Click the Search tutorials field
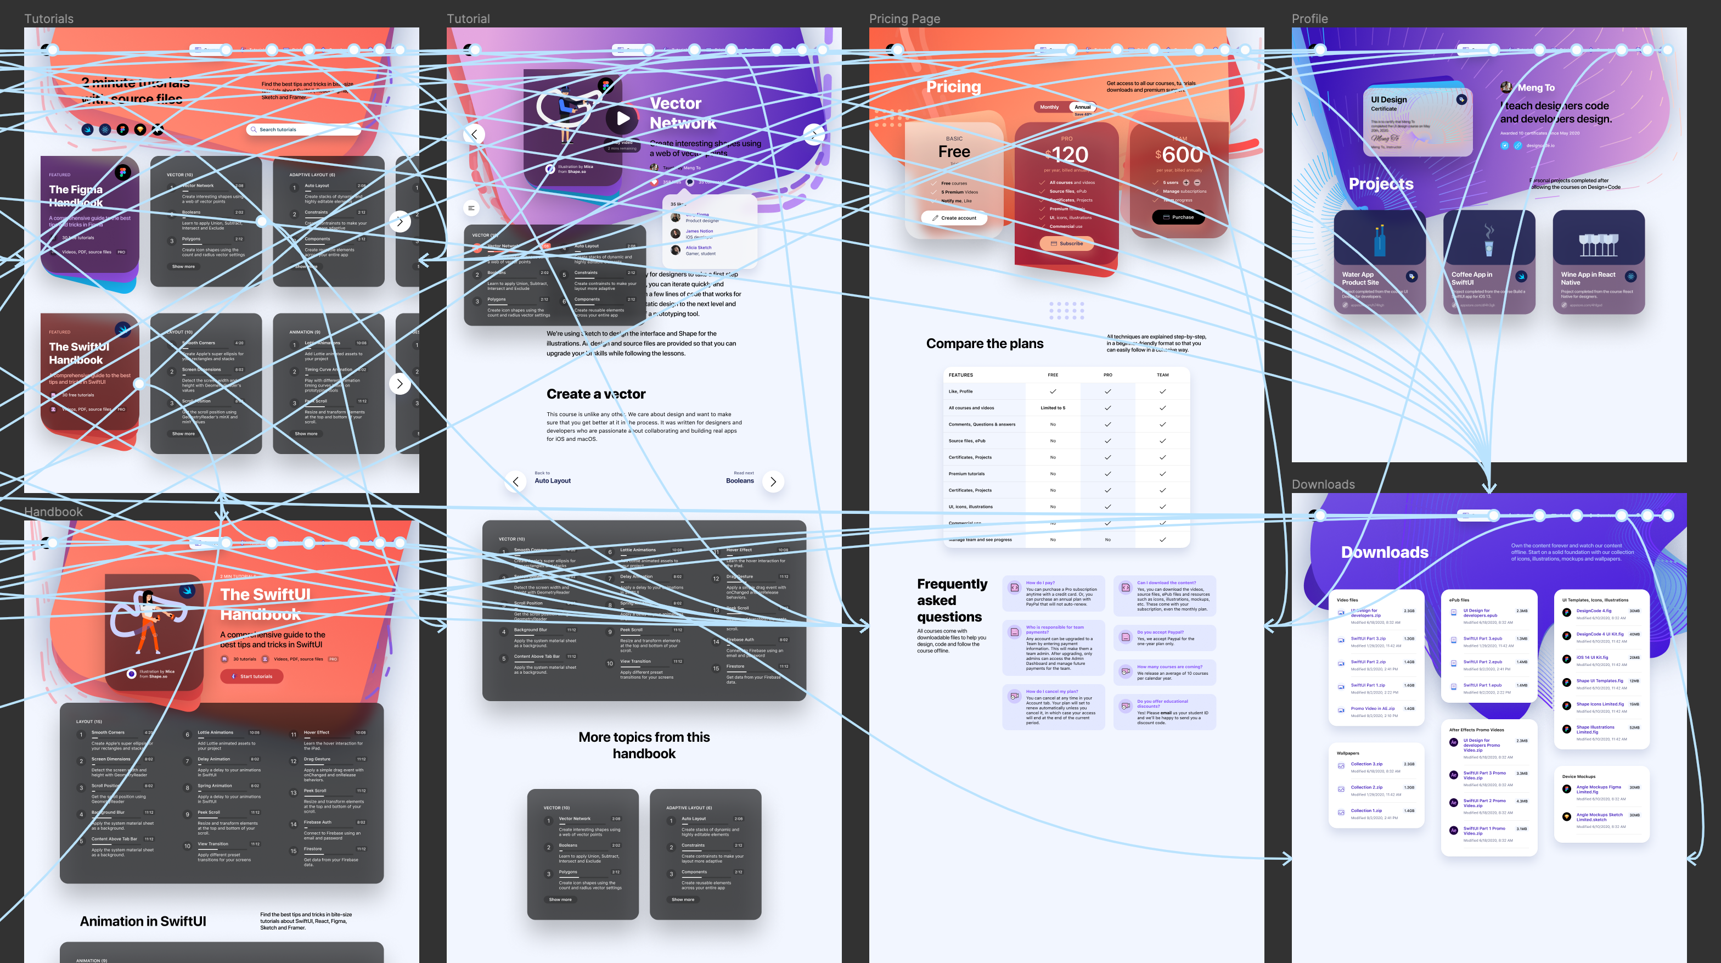(x=304, y=130)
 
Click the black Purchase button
(x=1178, y=217)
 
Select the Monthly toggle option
(x=1049, y=107)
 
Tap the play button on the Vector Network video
(x=622, y=119)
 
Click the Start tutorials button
(x=252, y=676)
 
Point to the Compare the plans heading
(x=984, y=344)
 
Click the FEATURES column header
(x=961, y=375)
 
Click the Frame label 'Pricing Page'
(x=904, y=19)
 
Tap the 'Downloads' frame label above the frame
(x=1323, y=484)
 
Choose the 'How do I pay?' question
(x=1039, y=583)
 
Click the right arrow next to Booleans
(x=773, y=481)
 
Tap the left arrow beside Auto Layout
(x=515, y=481)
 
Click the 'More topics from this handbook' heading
(x=644, y=745)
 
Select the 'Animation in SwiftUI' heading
(x=143, y=921)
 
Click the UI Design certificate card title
(x=1388, y=99)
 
